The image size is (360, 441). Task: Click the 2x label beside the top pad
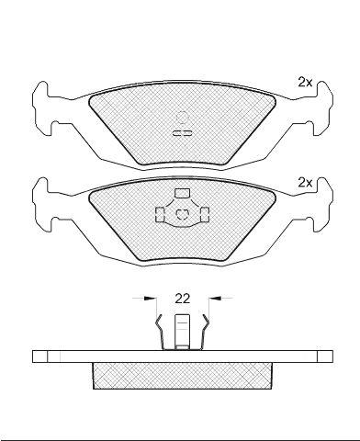305,83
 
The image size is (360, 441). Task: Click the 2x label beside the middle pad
305,183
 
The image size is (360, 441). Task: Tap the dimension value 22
183,299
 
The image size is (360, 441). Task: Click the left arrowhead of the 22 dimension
150,298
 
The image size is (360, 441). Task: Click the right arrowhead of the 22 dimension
215,298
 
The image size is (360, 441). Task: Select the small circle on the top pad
182,118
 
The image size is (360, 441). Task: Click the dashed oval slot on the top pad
182,133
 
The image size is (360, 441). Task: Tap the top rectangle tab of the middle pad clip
182,193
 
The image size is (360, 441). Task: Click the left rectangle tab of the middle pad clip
160,214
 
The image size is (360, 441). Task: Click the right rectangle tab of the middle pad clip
205,214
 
